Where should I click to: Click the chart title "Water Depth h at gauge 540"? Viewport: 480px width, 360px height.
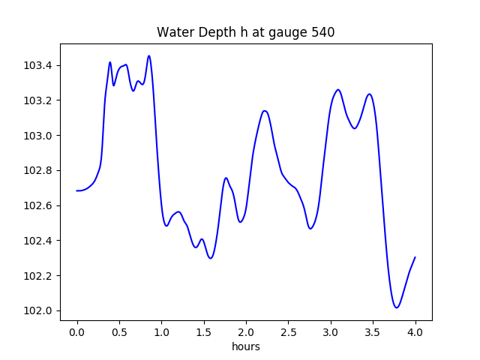(x=245, y=32)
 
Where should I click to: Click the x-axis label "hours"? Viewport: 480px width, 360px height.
(x=245, y=347)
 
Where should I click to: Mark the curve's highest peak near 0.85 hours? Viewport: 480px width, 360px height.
(x=149, y=55)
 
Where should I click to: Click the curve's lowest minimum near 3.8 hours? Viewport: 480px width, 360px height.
(x=397, y=307)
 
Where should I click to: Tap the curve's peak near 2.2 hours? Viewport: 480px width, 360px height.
(x=264, y=111)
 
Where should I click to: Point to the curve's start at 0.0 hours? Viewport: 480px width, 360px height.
(x=77, y=190)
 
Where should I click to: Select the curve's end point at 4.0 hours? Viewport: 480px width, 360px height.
(x=415, y=257)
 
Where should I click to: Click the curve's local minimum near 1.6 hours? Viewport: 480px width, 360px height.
(x=211, y=258)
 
